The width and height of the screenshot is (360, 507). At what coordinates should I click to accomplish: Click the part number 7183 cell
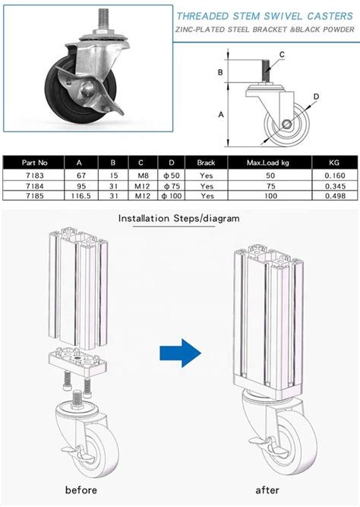click(35, 174)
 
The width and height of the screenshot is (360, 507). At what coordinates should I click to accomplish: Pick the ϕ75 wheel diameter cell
click(171, 185)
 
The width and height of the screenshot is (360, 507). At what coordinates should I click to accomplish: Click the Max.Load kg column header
click(267, 163)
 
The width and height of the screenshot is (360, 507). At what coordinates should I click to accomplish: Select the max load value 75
click(267, 185)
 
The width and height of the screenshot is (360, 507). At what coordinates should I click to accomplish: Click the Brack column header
click(206, 163)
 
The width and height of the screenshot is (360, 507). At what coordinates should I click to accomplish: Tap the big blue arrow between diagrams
click(180, 353)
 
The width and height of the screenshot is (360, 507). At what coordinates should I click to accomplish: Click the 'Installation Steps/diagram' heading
click(178, 218)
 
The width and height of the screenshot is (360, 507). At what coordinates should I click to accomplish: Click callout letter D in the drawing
click(316, 97)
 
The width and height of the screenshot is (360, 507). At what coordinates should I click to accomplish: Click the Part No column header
click(35, 163)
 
